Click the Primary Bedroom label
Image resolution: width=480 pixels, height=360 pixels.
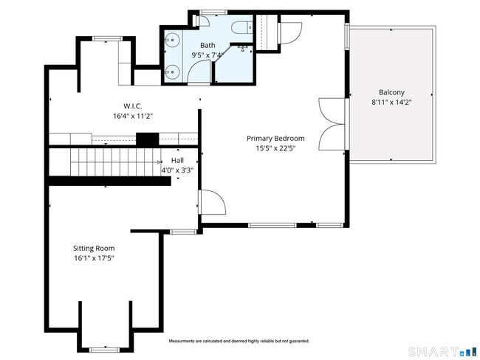click(x=275, y=138)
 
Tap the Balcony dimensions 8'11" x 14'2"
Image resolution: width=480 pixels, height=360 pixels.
click(x=391, y=102)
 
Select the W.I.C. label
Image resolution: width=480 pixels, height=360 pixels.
click(x=132, y=106)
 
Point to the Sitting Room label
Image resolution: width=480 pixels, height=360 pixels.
click(x=94, y=248)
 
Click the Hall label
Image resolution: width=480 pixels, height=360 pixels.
click(x=177, y=160)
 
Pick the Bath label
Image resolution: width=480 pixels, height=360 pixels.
click(x=208, y=45)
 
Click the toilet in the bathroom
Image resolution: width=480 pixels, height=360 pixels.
click(x=241, y=27)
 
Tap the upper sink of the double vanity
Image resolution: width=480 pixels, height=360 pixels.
click(x=172, y=40)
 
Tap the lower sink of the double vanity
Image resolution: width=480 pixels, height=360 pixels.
click(x=172, y=72)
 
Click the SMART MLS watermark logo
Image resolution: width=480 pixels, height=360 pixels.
click(x=442, y=352)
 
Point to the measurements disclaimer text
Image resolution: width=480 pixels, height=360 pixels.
click(x=239, y=341)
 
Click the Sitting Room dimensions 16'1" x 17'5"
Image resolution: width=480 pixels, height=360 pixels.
click(x=94, y=258)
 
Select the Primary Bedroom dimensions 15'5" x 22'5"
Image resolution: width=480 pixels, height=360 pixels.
click(x=275, y=148)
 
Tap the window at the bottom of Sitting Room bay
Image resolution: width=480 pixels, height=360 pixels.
click(x=104, y=350)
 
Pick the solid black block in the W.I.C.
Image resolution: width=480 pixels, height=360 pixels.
click(x=147, y=139)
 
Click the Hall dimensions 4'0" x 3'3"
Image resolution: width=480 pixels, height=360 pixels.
click(x=177, y=170)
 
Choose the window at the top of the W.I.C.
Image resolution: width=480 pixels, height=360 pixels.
click(x=108, y=38)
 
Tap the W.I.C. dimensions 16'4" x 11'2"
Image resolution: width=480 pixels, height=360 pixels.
click(x=132, y=117)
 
